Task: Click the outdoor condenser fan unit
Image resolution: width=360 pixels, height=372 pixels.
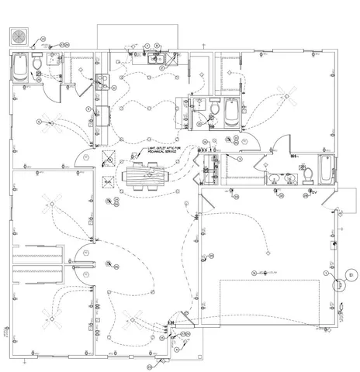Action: [21, 36]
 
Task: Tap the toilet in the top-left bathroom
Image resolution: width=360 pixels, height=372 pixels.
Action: [39, 60]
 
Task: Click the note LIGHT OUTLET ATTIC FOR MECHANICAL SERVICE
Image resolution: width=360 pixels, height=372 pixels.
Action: [164, 148]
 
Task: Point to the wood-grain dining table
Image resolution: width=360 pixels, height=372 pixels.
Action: [146, 177]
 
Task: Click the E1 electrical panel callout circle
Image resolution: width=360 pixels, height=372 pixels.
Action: [351, 274]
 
